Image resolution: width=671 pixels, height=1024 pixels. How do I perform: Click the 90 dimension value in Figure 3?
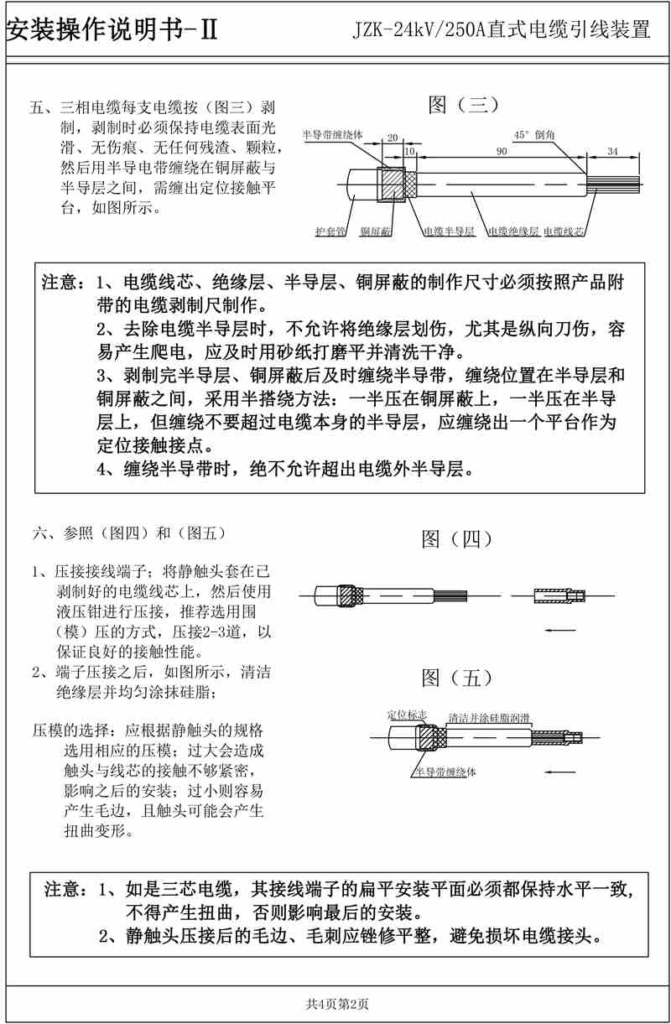(502, 152)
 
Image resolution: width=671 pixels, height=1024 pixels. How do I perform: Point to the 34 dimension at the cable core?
(611, 152)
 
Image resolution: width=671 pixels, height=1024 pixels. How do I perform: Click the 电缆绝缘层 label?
(513, 231)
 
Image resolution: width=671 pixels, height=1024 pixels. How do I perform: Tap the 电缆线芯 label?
(564, 231)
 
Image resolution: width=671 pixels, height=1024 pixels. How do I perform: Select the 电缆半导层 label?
(449, 231)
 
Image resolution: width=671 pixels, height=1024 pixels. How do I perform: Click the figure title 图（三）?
(464, 105)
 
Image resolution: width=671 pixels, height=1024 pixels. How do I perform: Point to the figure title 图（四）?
(456, 538)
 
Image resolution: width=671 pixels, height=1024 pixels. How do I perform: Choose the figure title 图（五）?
(456, 677)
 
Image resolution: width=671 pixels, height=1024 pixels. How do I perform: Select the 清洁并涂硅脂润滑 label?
(488, 718)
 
